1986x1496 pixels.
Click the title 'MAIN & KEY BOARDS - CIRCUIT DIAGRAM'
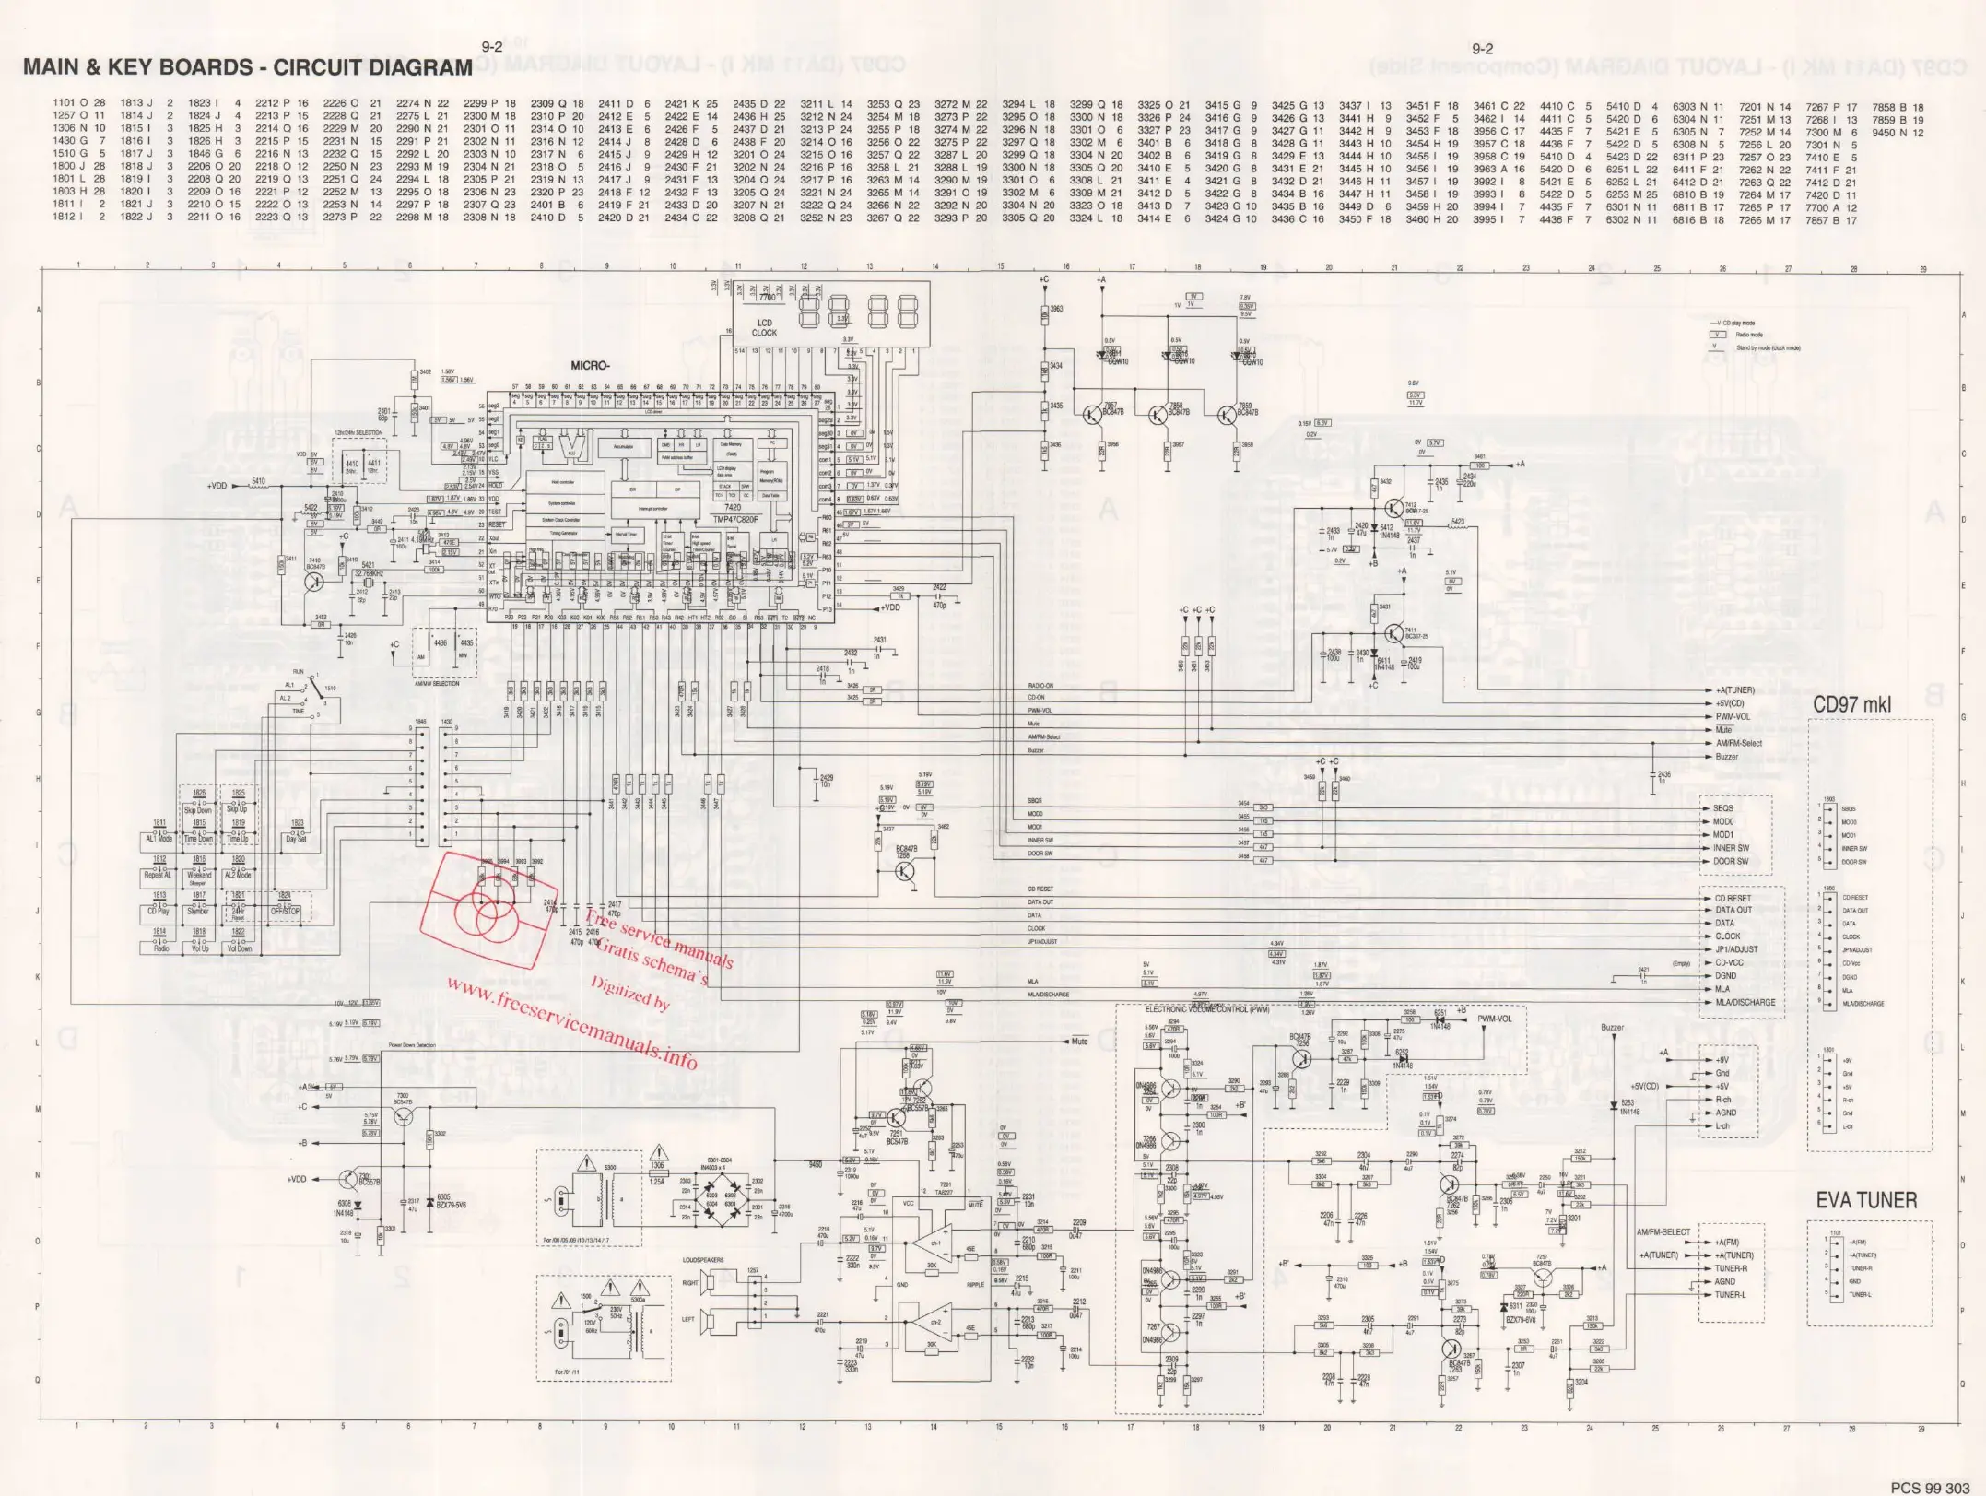247,67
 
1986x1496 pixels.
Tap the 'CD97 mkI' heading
1851,705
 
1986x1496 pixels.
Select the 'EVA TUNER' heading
1866,1201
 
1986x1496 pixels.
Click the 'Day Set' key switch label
297,839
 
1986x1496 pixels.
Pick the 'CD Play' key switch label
159,911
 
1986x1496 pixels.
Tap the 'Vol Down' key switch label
239,948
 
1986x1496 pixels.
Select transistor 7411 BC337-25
1392,632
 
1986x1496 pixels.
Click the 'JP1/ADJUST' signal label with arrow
1735,949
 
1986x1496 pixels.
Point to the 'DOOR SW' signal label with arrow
1730,862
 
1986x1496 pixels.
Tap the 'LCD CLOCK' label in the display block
764,328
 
